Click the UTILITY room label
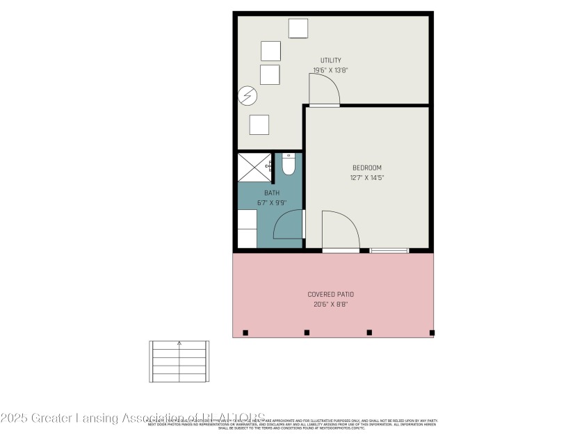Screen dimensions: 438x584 click(x=330, y=60)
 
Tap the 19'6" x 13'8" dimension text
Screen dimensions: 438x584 click(x=330, y=70)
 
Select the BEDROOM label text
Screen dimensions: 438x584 click(x=366, y=168)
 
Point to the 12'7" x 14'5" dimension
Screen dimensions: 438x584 click(x=366, y=178)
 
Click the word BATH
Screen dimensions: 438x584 click(x=271, y=193)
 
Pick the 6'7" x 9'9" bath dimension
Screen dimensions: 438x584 click(x=271, y=203)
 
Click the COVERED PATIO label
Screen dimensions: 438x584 click(x=332, y=294)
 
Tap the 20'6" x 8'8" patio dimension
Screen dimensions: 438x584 click(x=332, y=304)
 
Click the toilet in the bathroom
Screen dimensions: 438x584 click(x=289, y=165)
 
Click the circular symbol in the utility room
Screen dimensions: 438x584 click(x=248, y=95)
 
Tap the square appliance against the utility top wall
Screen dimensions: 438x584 click(x=298, y=29)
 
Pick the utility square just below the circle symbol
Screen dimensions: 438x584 click(x=259, y=124)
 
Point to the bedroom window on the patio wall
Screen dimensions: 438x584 click(x=389, y=250)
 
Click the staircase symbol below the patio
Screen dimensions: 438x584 click(x=179, y=361)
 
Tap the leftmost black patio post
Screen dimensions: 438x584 click(x=245, y=333)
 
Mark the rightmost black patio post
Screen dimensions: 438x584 click(x=432, y=333)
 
